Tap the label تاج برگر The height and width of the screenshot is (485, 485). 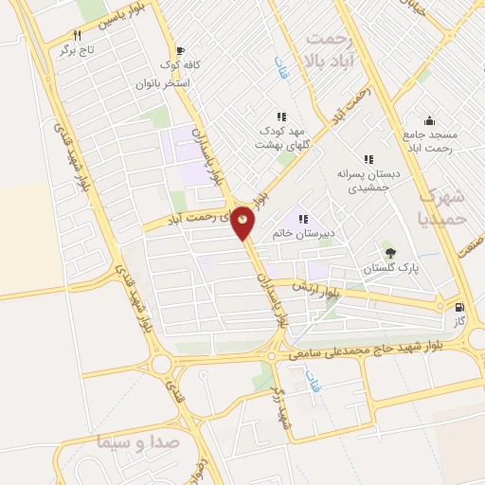pos(80,49)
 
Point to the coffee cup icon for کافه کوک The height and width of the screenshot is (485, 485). pos(180,51)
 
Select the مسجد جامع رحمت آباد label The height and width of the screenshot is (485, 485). pos(429,141)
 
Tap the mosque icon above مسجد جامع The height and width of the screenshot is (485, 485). pos(429,120)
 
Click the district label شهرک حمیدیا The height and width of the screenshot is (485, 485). pos(440,207)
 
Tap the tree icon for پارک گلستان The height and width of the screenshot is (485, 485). pos(389,252)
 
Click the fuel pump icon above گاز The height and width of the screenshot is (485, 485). pos(459,307)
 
